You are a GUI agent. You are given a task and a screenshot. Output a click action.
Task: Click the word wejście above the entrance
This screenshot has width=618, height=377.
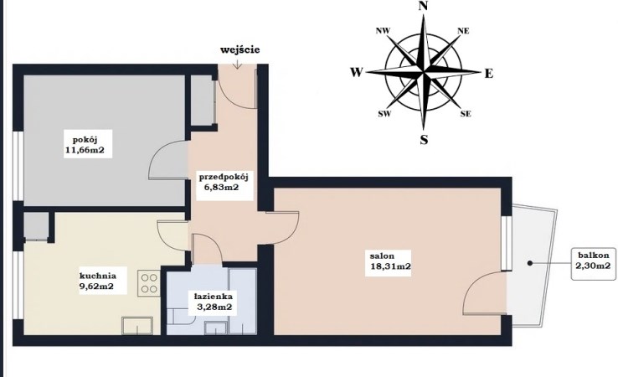239,49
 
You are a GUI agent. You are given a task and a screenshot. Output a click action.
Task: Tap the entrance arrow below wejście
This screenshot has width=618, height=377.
237,64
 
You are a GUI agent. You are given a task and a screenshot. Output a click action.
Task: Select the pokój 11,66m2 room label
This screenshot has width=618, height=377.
87,144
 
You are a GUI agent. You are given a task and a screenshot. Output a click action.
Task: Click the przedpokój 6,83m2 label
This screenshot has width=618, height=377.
224,182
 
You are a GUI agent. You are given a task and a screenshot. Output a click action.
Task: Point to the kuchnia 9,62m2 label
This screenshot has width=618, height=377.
98,281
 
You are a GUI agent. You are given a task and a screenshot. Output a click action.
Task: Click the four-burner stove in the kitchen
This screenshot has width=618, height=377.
149,283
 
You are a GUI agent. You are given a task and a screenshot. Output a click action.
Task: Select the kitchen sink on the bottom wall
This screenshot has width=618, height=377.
137,326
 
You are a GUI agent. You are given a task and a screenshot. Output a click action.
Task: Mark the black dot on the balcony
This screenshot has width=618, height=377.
530,262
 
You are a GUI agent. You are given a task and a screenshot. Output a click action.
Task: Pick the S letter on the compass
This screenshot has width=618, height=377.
424,139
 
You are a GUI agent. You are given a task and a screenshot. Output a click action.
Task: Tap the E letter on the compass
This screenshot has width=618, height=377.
489,74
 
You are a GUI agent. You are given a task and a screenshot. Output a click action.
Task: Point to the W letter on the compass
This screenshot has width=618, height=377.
356,73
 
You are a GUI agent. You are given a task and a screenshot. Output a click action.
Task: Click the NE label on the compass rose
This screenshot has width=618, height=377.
464,31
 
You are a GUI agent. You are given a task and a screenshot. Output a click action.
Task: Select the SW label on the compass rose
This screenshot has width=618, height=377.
384,114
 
